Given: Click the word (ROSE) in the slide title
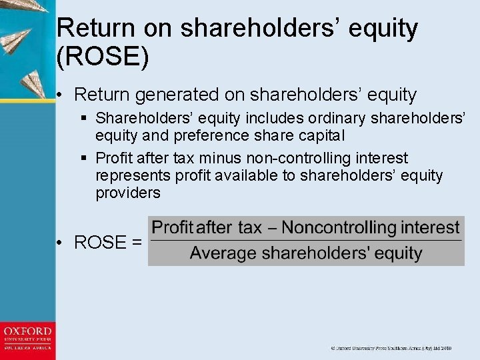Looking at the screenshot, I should coord(103,57).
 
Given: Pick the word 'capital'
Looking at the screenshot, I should coord(321,135).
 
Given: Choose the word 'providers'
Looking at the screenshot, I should coord(128,193).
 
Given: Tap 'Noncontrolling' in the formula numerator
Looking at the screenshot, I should coord(339,227).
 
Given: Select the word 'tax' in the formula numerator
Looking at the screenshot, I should coord(249,227).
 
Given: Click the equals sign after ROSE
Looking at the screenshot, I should coord(137,242).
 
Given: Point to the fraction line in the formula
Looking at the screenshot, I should coord(305,241).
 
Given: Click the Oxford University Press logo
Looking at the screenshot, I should coord(27,339).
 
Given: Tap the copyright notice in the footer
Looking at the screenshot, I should coord(391,348).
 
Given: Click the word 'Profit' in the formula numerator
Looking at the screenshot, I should coord(173,227).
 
